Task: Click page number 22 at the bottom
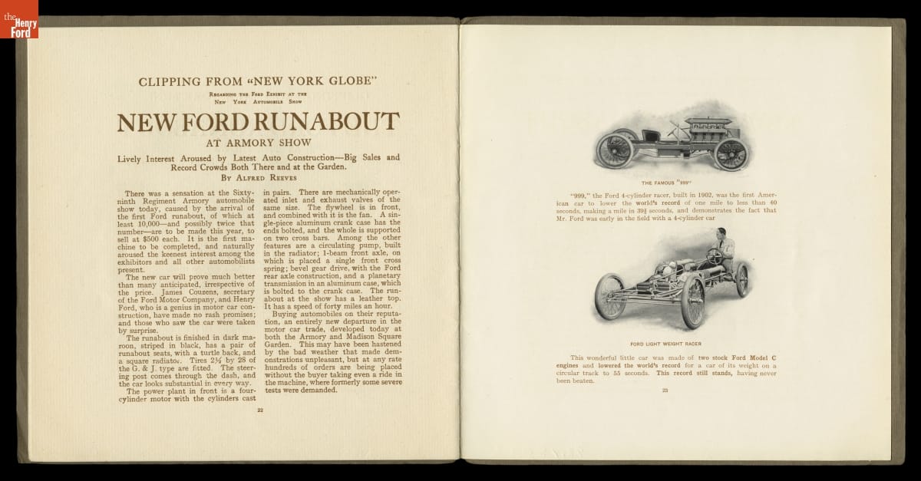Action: pos(259,410)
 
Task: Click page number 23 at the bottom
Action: pos(665,391)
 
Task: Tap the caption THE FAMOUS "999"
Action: pos(665,183)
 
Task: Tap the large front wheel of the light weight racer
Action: pos(693,301)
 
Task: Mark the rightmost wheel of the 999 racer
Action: pos(731,153)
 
